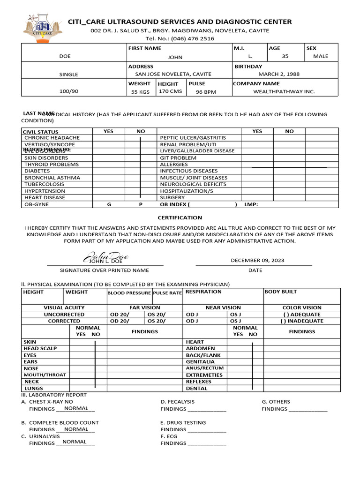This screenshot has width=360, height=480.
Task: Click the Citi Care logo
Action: point(42,27)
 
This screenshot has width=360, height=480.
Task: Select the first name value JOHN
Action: point(175,57)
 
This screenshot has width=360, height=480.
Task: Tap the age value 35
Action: point(285,56)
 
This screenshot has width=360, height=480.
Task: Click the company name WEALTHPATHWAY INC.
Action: point(284,92)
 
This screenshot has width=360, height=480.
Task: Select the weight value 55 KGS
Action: point(141,92)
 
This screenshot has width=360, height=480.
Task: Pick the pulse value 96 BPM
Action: point(206,92)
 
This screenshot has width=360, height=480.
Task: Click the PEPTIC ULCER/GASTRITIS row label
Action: point(193,138)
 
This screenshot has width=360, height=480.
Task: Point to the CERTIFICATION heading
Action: point(180,217)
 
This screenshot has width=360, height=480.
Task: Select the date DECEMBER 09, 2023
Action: point(257,261)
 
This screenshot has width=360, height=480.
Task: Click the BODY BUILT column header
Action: point(281,292)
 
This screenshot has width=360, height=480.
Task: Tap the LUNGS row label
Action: point(33,388)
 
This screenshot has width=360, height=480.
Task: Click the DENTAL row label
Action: point(196,388)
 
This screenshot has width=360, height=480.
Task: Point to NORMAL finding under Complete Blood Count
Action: point(76,429)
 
